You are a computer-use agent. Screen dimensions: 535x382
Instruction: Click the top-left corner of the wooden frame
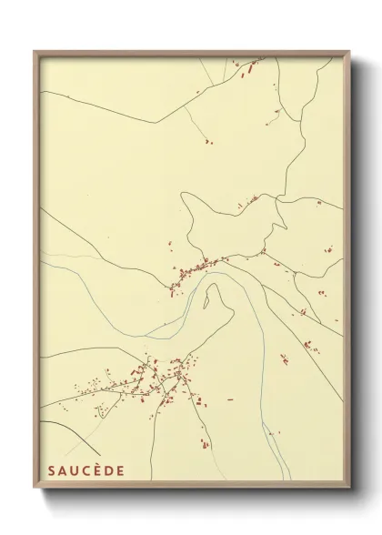point(35,52)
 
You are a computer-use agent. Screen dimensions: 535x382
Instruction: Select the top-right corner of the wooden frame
point(349,52)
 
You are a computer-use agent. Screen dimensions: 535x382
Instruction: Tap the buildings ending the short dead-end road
point(207,142)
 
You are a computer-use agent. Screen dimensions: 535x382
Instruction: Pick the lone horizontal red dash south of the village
point(229,399)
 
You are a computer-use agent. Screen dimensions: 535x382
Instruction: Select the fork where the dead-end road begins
point(186,108)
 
